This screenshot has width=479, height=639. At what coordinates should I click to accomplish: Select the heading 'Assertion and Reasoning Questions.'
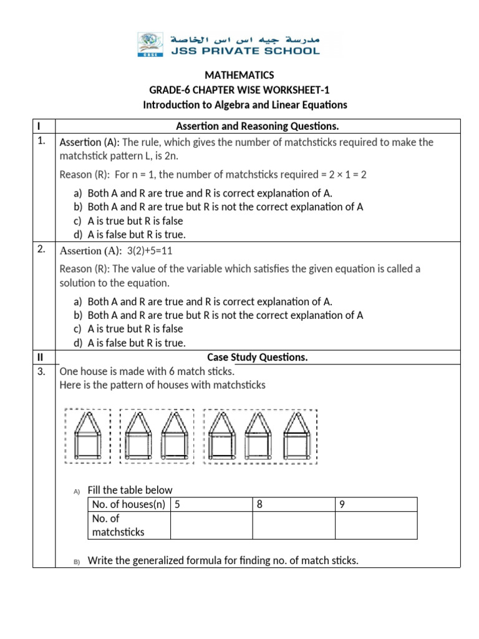(258, 127)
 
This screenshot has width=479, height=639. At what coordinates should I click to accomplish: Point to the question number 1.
(41, 141)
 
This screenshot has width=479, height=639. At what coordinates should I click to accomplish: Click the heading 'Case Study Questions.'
(258, 357)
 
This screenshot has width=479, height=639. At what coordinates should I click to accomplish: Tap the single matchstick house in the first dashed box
(88, 436)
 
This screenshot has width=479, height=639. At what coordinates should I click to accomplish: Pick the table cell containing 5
(210, 504)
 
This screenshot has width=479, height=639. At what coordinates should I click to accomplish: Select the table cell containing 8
(293, 504)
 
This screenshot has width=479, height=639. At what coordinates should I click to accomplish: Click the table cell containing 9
(375, 504)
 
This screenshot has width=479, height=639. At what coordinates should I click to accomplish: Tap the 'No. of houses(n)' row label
(128, 504)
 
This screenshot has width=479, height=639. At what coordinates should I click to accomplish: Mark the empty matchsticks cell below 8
(293, 525)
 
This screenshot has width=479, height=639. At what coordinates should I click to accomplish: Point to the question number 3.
(41, 371)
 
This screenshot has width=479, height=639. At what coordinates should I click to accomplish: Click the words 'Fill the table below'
(130, 490)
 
